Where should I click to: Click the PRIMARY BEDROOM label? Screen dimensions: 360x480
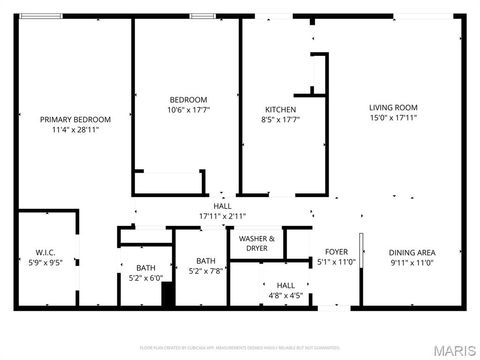tap(75, 120)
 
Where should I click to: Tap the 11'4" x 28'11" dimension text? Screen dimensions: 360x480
tap(75, 130)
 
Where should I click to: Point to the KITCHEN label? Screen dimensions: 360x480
tap(280, 109)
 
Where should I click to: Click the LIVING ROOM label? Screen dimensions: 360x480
tap(393, 108)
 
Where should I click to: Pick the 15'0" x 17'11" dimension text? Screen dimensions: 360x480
tap(393, 118)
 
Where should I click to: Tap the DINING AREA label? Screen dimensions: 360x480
tap(412, 252)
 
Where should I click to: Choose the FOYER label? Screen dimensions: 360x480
tap(336, 252)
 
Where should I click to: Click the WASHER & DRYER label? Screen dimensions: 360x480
tap(257, 242)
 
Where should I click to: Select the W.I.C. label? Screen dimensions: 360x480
tap(44, 252)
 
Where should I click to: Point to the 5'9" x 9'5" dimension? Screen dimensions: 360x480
tap(44, 262)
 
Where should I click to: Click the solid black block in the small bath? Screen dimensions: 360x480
tap(168, 296)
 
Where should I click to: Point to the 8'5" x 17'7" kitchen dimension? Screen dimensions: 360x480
tap(280, 119)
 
